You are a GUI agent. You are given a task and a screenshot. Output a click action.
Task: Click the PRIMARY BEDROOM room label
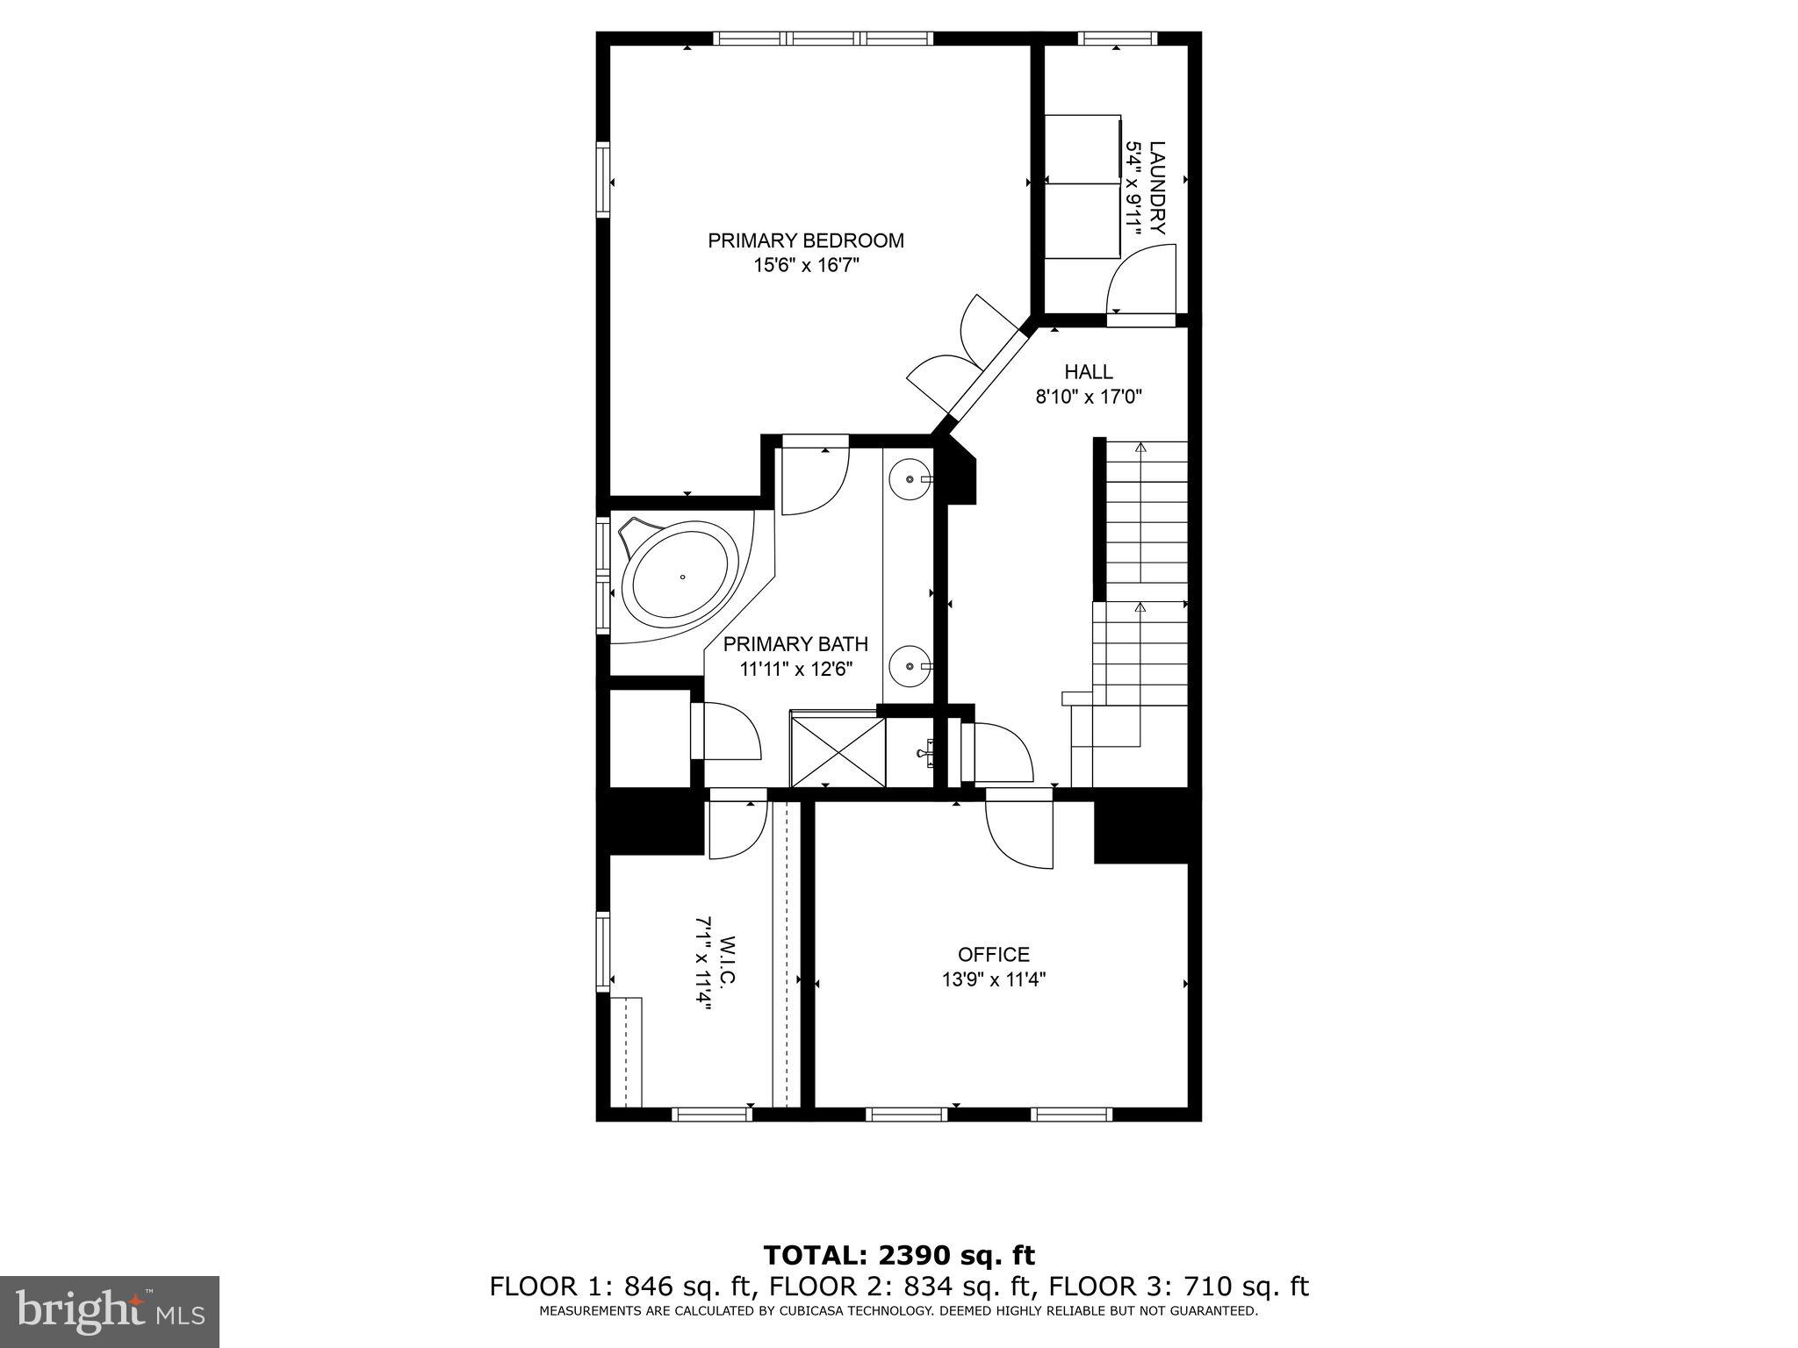tap(805, 240)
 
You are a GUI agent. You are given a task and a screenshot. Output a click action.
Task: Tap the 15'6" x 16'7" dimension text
tap(805, 266)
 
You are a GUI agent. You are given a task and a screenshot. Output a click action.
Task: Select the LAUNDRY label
tap(1157, 188)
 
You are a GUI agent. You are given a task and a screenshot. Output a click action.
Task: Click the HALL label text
tap(1088, 372)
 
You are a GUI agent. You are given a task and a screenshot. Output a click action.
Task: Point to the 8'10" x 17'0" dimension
tap(1088, 397)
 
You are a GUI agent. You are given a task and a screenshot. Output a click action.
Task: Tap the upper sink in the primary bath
tap(908, 479)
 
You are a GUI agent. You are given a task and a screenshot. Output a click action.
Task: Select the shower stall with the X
tap(838, 751)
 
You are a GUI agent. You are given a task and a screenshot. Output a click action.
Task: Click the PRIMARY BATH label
tap(795, 644)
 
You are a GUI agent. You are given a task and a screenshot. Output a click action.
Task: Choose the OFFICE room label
tap(993, 954)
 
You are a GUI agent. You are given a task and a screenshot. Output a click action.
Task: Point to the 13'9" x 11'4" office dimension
tap(993, 979)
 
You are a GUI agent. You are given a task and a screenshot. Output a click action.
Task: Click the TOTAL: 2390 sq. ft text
tap(899, 1255)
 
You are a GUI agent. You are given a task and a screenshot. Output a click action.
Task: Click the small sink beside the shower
tap(926, 753)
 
